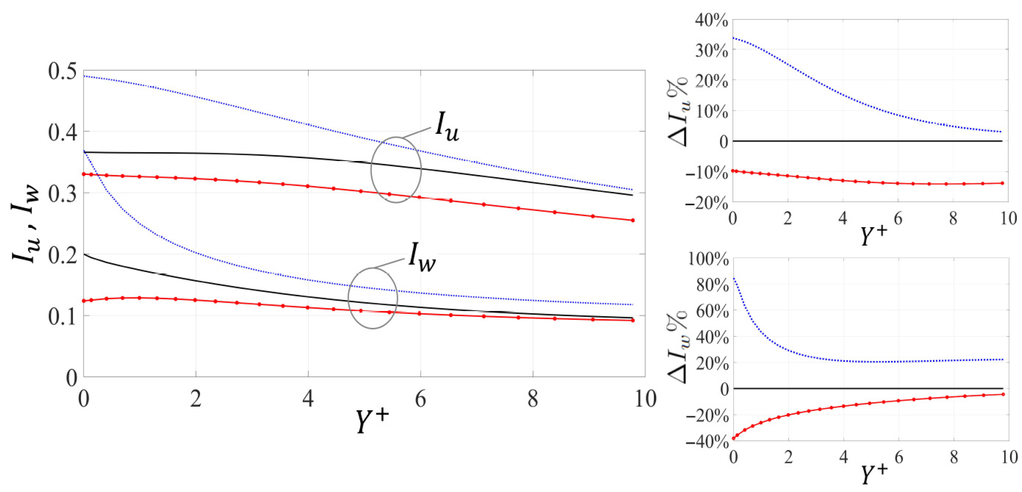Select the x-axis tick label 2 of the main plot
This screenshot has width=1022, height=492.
(195, 399)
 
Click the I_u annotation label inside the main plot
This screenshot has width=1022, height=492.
(447, 129)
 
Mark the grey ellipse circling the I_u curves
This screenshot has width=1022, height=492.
(396, 170)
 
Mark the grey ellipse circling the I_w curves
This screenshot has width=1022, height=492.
(373, 298)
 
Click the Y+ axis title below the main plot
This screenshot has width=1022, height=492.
(372, 420)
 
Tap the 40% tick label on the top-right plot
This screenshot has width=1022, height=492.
(711, 21)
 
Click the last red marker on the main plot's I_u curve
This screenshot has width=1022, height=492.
(633, 220)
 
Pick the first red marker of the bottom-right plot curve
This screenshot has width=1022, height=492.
(734, 438)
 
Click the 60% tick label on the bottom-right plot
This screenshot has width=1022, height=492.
(712, 311)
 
